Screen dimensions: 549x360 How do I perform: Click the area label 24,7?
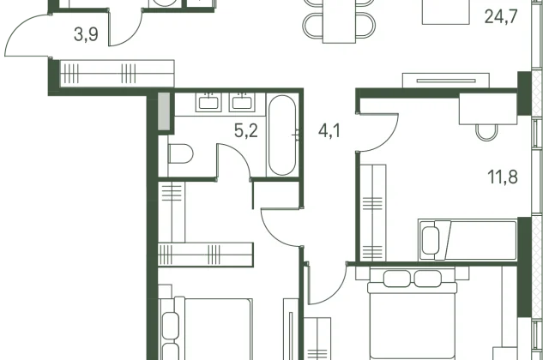tap(501, 17)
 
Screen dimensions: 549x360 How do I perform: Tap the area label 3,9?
tap(86, 35)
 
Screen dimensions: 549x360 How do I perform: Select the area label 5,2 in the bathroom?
tap(246, 131)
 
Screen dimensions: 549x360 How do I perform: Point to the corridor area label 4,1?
tap(329, 131)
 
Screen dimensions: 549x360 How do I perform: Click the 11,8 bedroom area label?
tap(503, 177)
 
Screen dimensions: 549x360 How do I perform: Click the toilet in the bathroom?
tap(180, 153)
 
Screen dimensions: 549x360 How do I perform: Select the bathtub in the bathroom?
tap(282, 135)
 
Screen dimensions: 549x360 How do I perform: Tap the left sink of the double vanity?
tap(208, 103)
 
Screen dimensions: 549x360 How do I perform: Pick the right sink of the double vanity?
tap(242, 103)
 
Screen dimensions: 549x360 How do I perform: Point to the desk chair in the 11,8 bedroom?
tap(486, 132)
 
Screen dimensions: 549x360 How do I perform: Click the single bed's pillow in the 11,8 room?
tap(431, 240)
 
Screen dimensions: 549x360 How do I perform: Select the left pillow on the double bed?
tap(397, 279)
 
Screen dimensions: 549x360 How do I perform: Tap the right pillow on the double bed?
tap(428, 279)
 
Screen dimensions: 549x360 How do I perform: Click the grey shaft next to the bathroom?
tap(164, 111)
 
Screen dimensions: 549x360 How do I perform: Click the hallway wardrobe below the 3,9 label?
tap(118, 74)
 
